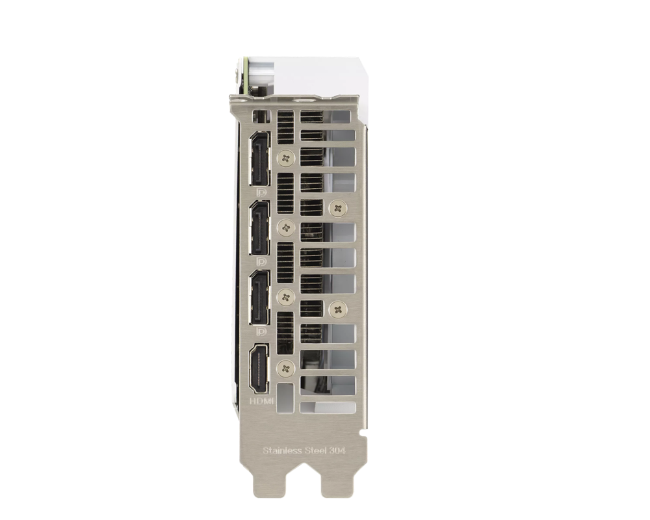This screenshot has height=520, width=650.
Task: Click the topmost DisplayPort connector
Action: pyautogui.click(x=259, y=159)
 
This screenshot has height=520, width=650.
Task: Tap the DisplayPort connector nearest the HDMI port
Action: pyautogui.click(x=259, y=297)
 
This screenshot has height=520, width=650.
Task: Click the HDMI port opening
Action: pyautogui.click(x=259, y=369)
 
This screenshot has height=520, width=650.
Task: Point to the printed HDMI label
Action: pyautogui.click(x=261, y=401)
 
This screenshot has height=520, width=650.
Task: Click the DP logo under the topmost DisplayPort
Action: pyautogui.click(x=261, y=192)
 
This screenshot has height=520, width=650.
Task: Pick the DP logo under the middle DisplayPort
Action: pyautogui.click(x=261, y=262)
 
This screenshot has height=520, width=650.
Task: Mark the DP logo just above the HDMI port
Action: pyautogui.click(x=261, y=331)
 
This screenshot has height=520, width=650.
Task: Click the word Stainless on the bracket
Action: pyautogui.click(x=282, y=450)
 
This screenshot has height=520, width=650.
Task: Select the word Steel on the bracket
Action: pyautogui.click(x=316, y=450)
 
